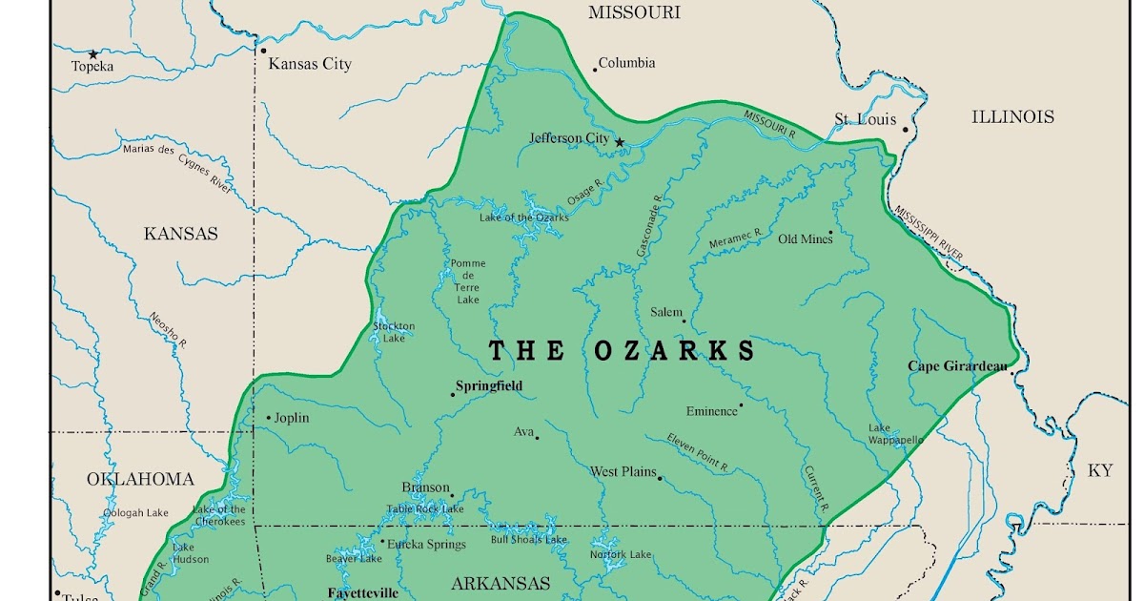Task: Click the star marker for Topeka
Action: pyautogui.click(x=93, y=54)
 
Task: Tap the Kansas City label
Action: pyautogui.click(x=310, y=64)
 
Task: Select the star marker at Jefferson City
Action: pyautogui.click(x=620, y=142)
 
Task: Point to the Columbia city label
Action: pyautogui.click(x=626, y=63)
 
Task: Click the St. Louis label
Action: pyautogui.click(x=865, y=119)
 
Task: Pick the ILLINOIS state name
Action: pyautogui.click(x=1012, y=116)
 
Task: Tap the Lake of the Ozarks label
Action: pyautogui.click(x=523, y=218)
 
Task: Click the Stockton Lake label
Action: pyautogui.click(x=394, y=332)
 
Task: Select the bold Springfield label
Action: pyautogui.click(x=489, y=386)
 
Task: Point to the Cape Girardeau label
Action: pyautogui.click(x=956, y=366)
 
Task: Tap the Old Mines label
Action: pyautogui.click(x=805, y=238)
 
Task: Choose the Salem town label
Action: pyautogui.click(x=666, y=312)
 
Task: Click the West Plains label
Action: pyautogui.click(x=623, y=471)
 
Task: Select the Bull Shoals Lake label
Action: pyautogui.click(x=528, y=540)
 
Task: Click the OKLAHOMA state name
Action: pyautogui.click(x=140, y=479)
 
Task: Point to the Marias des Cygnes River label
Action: pyautogui.click(x=177, y=168)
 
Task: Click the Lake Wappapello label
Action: pyautogui.click(x=895, y=434)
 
